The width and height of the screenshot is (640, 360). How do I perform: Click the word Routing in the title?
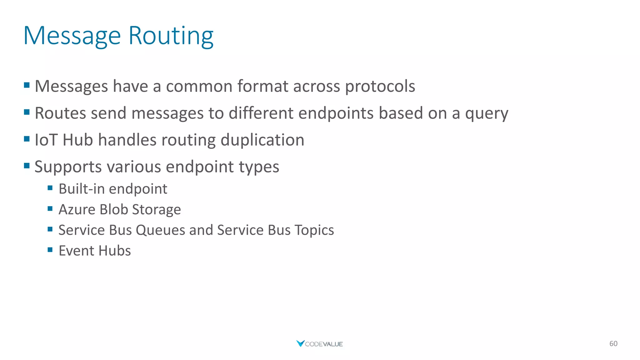[171, 36]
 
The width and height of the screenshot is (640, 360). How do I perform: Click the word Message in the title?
[72, 36]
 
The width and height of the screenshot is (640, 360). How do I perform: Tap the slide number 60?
[613, 343]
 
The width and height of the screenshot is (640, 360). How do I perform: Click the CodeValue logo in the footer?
[319, 344]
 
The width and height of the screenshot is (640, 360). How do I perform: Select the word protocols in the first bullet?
[380, 86]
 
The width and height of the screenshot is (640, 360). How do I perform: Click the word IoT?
[46, 140]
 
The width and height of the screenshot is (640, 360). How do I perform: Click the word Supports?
[68, 167]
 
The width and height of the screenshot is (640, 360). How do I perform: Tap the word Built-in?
[81, 189]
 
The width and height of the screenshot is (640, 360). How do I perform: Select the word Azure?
[77, 209]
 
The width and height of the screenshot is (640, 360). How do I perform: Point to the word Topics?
[314, 230]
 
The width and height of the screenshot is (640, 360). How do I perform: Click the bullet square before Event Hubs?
[50, 249]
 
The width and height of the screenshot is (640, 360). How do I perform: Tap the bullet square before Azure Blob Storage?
[50, 208]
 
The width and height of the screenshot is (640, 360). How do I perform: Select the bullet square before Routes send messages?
[27, 112]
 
